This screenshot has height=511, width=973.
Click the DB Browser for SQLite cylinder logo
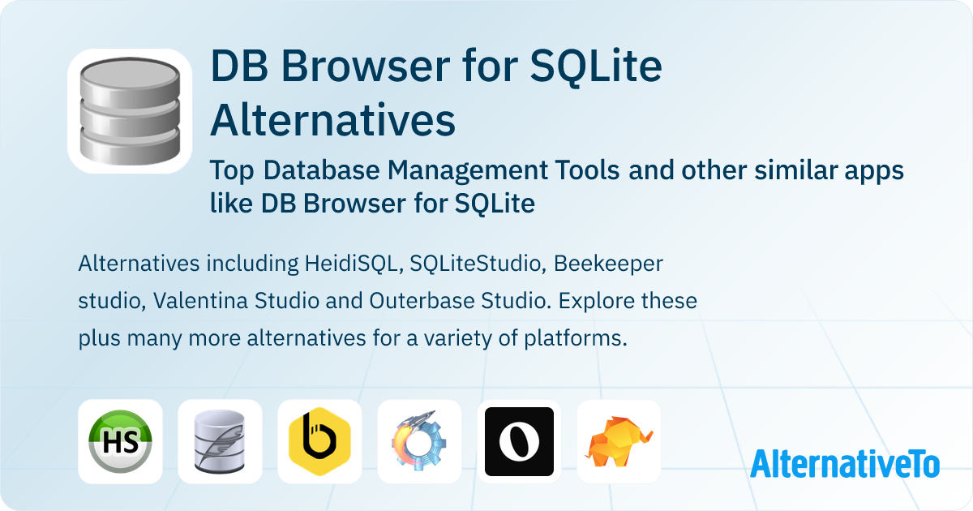pyautogui.click(x=130, y=111)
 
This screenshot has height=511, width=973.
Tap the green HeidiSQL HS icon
pyautogui.click(x=120, y=441)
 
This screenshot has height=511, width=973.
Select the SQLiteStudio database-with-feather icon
pyautogui.click(x=220, y=441)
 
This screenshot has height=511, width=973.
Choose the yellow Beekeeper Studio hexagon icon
pyautogui.click(x=319, y=441)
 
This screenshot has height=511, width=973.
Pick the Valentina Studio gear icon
pyautogui.click(x=419, y=441)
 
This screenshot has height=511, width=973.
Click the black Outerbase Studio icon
pyautogui.click(x=519, y=441)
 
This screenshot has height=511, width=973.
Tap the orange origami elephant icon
pyautogui.click(x=619, y=441)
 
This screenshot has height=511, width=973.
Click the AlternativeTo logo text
pyautogui.click(x=845, y=463)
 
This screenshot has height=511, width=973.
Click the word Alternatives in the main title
pyautogui.click(x=332, y=120)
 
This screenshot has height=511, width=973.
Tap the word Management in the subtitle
pyautogui.click(x=470, y=171)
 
